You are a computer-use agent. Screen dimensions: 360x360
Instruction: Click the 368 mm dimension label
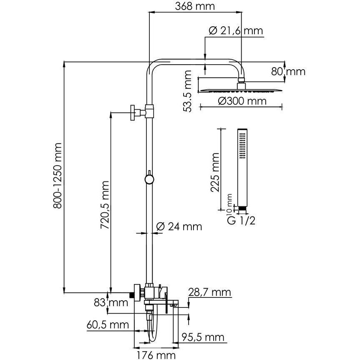click(195, 6)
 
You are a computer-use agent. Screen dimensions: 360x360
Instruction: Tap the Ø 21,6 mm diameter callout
click(236, 31)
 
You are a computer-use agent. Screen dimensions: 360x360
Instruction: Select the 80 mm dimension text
click(288, 72)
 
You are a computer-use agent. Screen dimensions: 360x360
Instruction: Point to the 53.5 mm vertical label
click(187, 91)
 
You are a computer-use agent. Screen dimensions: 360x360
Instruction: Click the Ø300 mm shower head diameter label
click(242, 101)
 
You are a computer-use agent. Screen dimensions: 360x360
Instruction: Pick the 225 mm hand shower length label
click(215, 172)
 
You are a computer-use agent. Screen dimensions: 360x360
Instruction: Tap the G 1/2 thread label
click(241, 221)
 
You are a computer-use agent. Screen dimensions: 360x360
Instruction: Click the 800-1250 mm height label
click(58, 176)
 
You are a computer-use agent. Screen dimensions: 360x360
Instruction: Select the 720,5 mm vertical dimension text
click(105, 205)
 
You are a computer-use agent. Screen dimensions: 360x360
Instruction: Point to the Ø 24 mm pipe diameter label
click(179, 227)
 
